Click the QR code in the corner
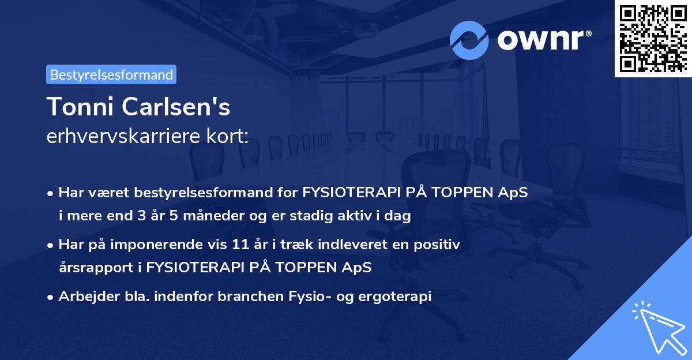653,38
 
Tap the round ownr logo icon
469,40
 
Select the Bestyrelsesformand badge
111,74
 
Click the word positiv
440,245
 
